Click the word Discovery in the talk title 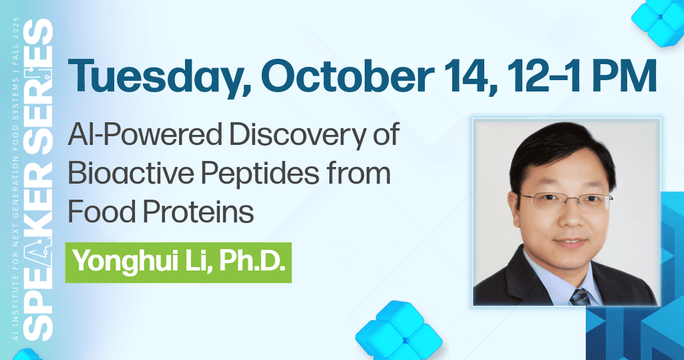[300, 138]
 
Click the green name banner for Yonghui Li [178, 262]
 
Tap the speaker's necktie [578, 294]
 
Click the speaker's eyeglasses [562, 199]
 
